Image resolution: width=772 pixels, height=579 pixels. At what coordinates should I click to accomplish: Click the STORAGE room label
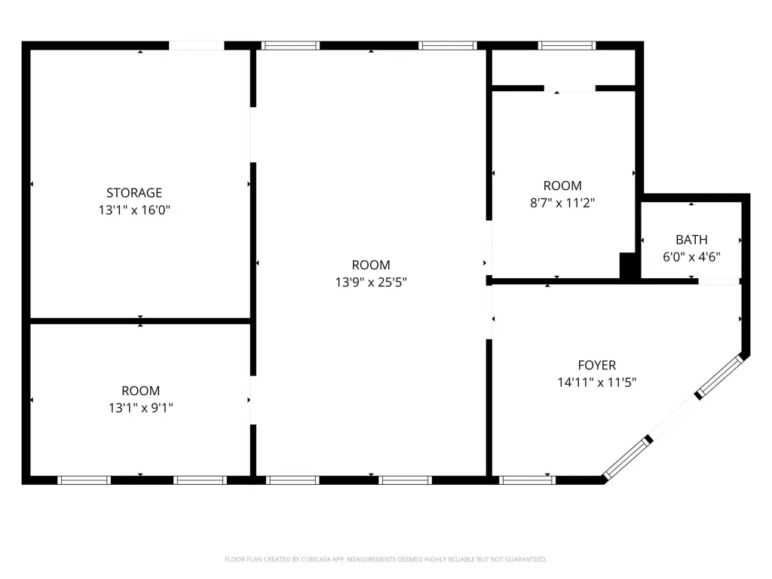[x=134, y=192]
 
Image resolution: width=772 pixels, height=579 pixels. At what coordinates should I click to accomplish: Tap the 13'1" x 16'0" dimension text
[x=134, y=210]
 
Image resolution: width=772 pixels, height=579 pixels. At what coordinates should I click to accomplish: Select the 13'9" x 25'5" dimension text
[x=371, y=282]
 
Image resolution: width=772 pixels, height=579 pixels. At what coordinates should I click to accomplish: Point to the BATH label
[x=691, y=240]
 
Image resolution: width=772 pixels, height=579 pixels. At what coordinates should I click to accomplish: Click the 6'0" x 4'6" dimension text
[x=691, y=257]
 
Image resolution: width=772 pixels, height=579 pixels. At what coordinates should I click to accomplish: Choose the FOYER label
[x=597, y=366]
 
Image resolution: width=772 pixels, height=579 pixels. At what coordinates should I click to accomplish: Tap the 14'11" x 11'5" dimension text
[x=597, y=382]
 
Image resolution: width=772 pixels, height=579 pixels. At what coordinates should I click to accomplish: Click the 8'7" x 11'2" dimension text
[x=562, y=203]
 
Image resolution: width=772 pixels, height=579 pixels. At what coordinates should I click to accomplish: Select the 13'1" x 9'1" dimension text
[x=141, y=408]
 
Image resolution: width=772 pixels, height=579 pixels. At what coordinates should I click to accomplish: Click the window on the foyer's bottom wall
[x=527, y=480]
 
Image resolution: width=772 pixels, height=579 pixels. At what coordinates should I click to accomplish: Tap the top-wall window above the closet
[x=567, y=46]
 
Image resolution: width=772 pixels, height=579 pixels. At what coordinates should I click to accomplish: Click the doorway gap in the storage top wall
[x=197, y=46]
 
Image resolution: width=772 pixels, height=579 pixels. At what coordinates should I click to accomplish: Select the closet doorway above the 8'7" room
[x=570, y=89]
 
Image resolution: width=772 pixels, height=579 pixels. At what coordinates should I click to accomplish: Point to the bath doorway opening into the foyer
[x=718, y=282]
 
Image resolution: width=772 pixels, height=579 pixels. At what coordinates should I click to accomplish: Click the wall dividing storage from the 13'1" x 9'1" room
[x=140, y=321]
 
